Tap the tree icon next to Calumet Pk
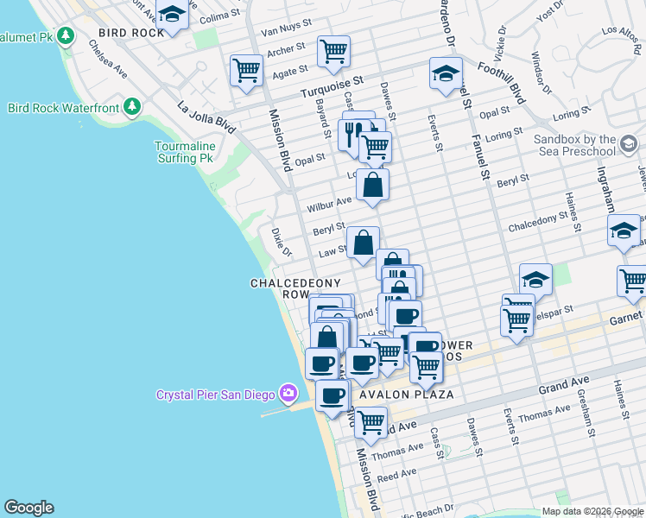pyautogui.click(x=66, y=36)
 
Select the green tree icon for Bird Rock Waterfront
pyautogui.click(x=131, y=107)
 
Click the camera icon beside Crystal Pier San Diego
pyautogui.click(x=288, y=395)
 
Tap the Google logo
pyautogui.click(x=28, y=508)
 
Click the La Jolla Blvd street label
pyautogui.click(x=207, y=117)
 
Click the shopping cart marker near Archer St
pyautogui.click(x=332, y=49)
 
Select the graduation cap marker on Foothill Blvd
pyautogui.click(x=445, y=73)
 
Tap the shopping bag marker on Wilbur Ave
pyautogui.click(x=371, y=184)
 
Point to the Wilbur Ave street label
pyautogui.click(x=329, y=205)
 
